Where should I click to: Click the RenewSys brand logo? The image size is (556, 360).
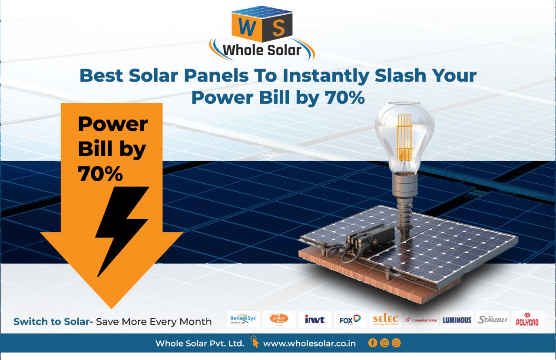point(243,320)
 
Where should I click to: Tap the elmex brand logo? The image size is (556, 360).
point(279,320)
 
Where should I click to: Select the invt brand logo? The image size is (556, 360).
point(314,320)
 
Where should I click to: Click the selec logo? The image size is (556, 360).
point(385,320)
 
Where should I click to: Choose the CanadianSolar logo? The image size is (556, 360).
point(421,320)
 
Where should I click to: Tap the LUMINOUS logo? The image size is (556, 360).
point(457,320)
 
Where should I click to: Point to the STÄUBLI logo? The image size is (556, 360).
point(492,320)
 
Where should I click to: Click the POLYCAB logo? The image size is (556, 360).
point(528,320)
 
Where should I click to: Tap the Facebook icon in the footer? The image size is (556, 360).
point(372,343)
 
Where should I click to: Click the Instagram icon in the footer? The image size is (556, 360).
point(384,343)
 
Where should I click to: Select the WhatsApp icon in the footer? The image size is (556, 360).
point(396,343)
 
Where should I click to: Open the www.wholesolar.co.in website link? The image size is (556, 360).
point(309,343)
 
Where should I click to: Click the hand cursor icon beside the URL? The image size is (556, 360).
point(254,341)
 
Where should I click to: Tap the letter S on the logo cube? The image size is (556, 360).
point(278,28)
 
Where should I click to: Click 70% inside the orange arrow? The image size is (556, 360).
point(100,174)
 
